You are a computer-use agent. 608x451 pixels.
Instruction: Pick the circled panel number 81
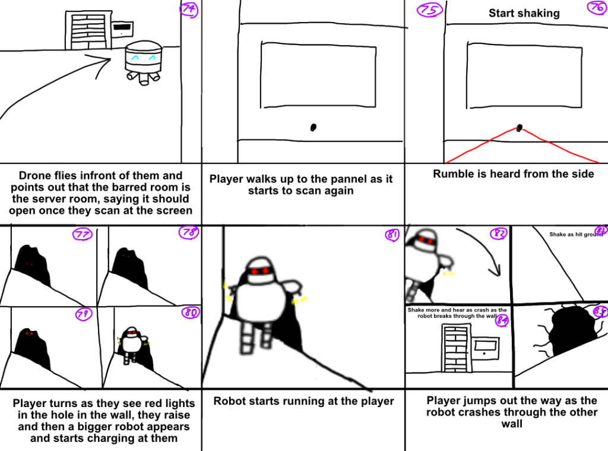tap(391, 236)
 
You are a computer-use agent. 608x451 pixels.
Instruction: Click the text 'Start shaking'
tap(524, 13)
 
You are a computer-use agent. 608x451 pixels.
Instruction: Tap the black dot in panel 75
tap(313, 127)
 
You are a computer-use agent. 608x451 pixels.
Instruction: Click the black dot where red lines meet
tap(520, 127)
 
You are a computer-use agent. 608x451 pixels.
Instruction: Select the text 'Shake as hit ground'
tap(575, 235)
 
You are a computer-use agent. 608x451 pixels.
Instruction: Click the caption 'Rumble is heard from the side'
tap(513, 174)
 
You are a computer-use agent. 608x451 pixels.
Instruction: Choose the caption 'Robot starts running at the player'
tap(303, 401)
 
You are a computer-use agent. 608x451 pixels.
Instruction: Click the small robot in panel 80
tap(132, 345)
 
